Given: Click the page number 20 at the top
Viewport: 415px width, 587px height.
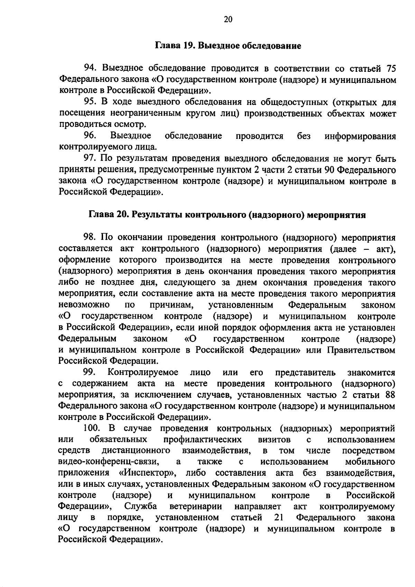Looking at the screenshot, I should tap(228, 19).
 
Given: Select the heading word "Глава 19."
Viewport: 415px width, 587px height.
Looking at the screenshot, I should tap(175, 46).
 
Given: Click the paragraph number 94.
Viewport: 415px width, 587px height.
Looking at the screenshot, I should tap(91, 68).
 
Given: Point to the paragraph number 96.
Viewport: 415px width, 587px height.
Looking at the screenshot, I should tap(90, 136).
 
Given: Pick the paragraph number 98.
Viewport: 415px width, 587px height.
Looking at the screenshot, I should tap(90, 238).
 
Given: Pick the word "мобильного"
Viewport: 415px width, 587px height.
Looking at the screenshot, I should tap(370, 462).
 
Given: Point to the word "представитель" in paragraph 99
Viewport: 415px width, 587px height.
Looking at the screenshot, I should tap(305, 373).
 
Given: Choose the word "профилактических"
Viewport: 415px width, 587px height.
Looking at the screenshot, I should tap(202, 440).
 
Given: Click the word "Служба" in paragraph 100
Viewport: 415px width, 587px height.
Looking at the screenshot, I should tap(141, 507).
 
